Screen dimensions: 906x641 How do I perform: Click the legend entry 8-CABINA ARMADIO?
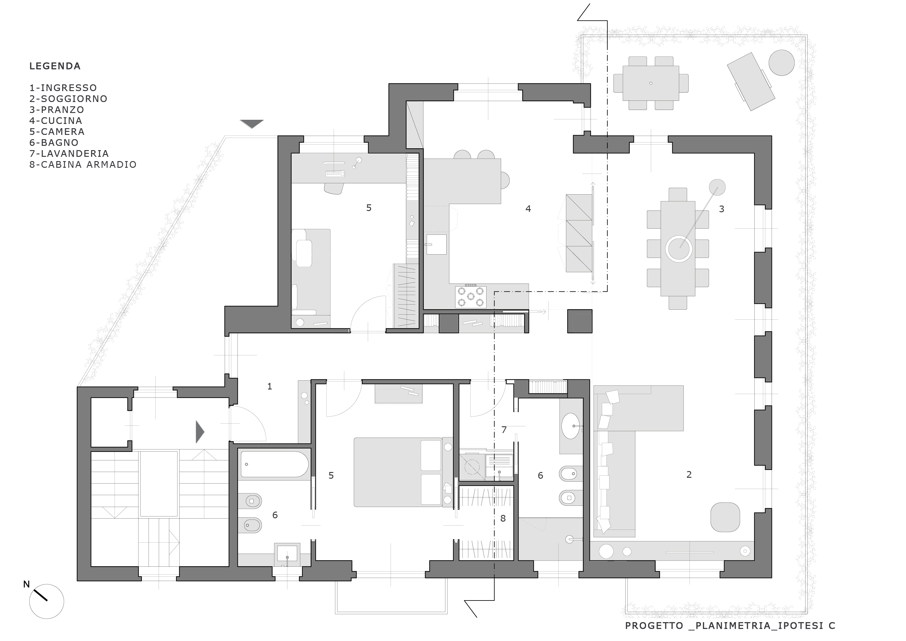coord(83,165)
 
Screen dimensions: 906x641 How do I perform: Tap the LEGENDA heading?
coord(55,66)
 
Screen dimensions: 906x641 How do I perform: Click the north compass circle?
coord(47,601)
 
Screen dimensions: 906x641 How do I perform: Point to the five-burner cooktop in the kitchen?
coord(470,297)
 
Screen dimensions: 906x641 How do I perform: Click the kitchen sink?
coord(437,244)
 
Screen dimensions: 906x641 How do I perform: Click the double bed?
coord(398,472)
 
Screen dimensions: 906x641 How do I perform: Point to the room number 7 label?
coord(504,430)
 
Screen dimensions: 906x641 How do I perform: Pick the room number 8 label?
coord(503,518)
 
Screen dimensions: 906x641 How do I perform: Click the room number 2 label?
coord(689,474)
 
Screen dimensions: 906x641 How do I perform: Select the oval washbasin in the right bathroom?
coord(571,426)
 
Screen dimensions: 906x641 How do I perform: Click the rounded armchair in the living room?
coord(725,517)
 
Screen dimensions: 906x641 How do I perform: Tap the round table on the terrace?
coord(781,63)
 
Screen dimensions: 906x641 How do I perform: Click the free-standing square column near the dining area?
coord(580,321)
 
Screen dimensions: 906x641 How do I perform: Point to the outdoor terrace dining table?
coord(651,83)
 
